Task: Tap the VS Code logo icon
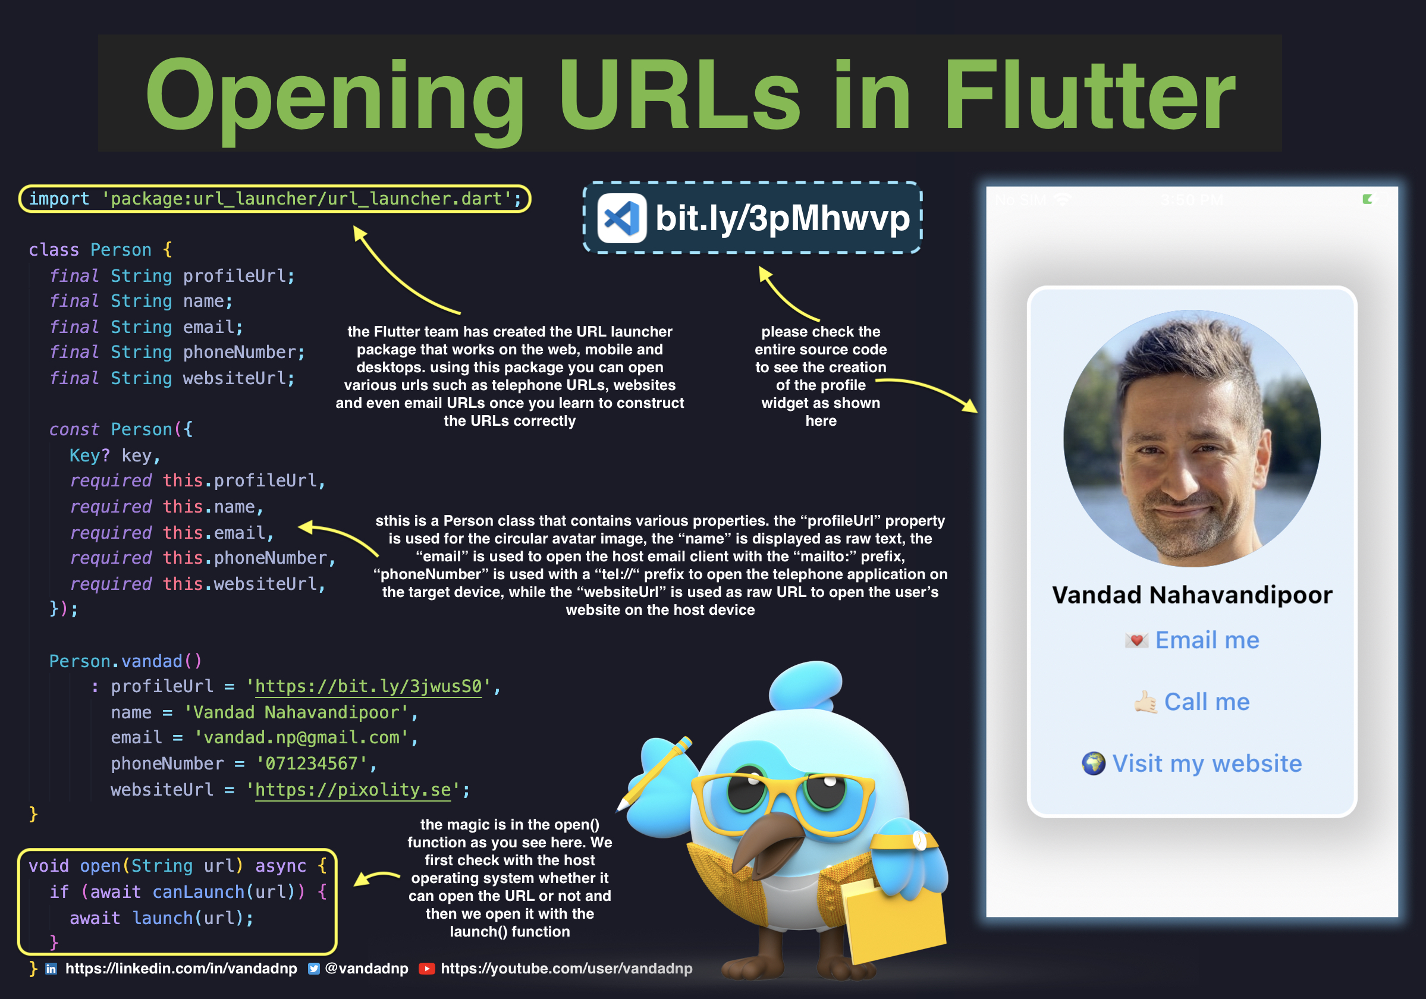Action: coord(621,218)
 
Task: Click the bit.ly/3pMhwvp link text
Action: coord(782,218)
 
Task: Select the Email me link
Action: coord(1206,640)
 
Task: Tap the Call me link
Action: coord(1206,702)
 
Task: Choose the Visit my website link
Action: coord(1206,763)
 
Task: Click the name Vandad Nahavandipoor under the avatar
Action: coord(1192,595)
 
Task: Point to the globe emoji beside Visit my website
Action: coord(1093,763)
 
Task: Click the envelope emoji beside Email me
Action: coord(1136,640)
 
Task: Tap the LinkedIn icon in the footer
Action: coord(52,969)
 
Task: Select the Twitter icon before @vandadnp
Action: coord(314,969)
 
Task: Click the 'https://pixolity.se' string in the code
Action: coord(353,790)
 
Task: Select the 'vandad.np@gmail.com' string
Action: coord(301,737)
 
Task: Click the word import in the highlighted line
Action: coord(59,199)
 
